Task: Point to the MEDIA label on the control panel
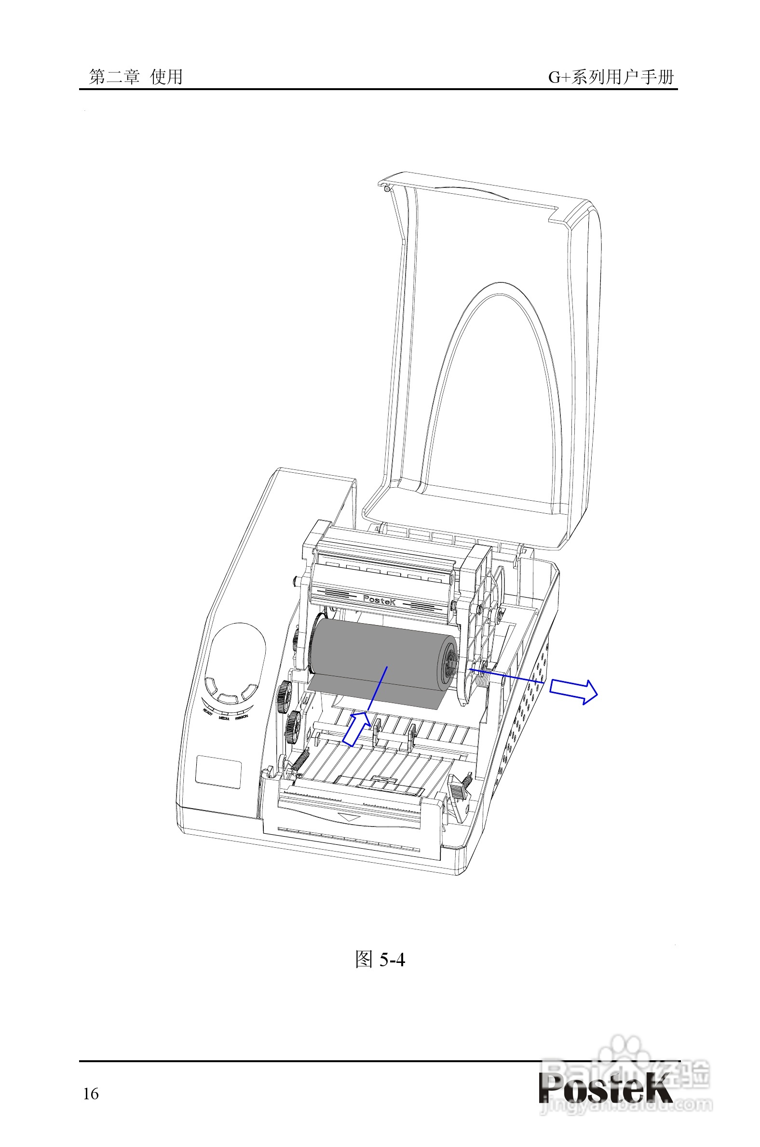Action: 224,719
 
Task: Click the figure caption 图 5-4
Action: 380,959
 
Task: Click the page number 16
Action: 91,1094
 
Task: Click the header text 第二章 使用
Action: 136,77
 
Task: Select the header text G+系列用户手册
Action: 611,77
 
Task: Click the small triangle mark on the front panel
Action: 349,817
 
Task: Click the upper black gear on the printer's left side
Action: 285,697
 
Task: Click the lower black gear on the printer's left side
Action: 293,727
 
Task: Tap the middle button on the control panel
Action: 227,698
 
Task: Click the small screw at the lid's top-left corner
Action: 386,188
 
